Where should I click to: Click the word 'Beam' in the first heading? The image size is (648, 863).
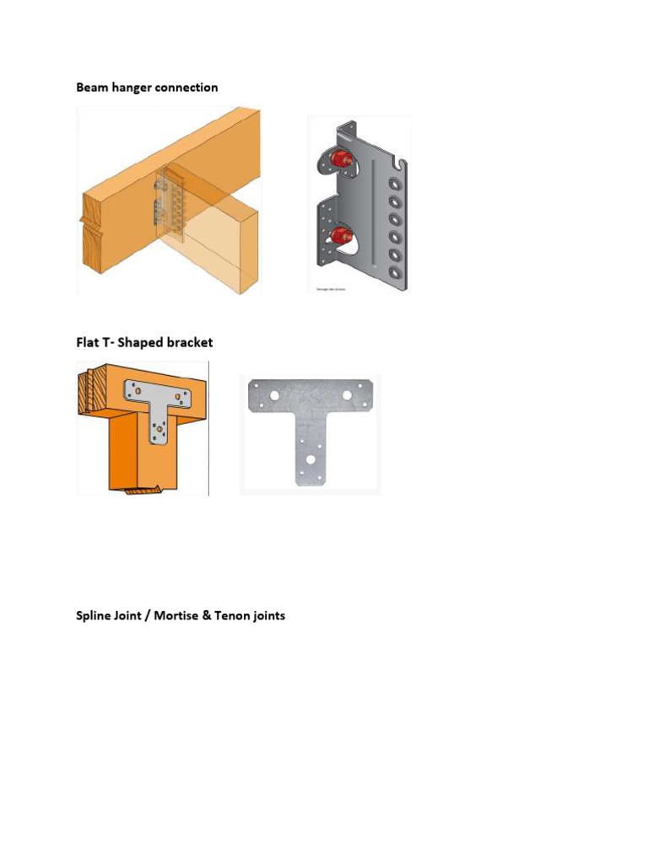coord(91,88)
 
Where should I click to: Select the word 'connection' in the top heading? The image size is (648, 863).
coord(186,88)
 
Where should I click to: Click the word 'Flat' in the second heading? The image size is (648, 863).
coord(88,342)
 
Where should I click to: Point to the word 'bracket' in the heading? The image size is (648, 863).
coord(190,342)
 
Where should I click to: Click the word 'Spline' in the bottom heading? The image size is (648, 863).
coord(94,616)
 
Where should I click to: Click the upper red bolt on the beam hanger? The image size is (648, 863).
coord(342,159)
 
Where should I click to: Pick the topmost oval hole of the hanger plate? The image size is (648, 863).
coord(394,182)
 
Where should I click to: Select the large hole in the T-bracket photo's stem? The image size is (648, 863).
coord(311,460)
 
